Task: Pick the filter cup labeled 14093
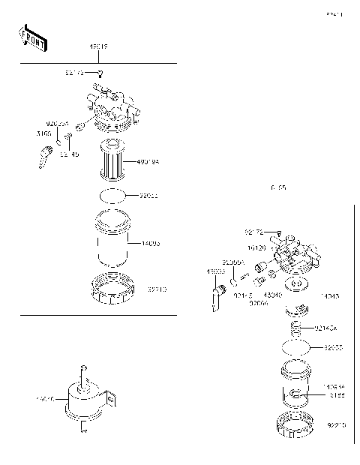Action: coord(113,243)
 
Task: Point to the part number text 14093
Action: coord(150,243)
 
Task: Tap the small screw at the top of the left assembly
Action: coord(100,73)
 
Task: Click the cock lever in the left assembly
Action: coord(43,157)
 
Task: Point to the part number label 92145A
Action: coord(326,328)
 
